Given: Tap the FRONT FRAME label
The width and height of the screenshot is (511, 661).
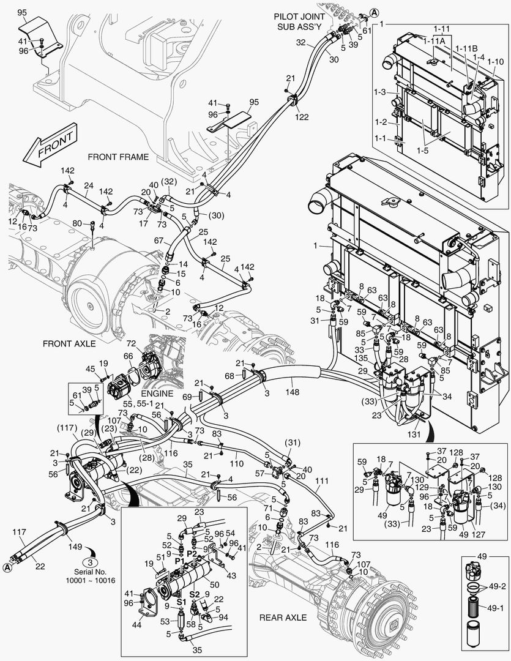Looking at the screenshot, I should coord(118,157).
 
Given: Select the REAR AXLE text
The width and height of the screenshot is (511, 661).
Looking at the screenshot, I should coord(283,618).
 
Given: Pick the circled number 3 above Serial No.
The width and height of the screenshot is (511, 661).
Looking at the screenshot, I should coord(89,562).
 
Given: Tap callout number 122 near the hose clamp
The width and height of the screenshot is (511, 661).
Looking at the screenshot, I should coord(302,117).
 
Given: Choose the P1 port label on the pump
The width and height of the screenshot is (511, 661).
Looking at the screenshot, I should coord(179,561).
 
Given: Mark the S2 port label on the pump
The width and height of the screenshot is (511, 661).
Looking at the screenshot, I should coord(194,594).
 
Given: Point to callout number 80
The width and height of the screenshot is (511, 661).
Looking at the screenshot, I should coord(76,223).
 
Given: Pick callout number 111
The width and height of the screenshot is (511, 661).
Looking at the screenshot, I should coord(321,482).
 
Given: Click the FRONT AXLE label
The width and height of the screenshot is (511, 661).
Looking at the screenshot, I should coord(69,343).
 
